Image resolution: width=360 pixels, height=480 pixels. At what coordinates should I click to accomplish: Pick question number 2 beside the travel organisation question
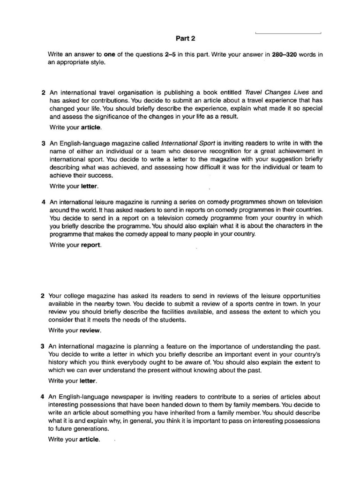pos(43,92)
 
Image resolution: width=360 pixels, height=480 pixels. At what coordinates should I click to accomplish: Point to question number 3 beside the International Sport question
pos(43,143)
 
